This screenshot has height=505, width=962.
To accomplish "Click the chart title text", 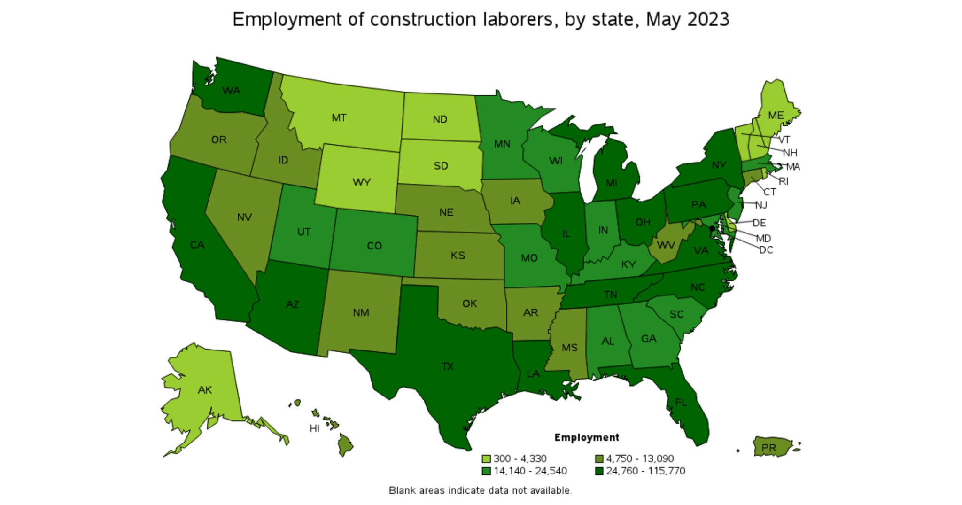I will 481,20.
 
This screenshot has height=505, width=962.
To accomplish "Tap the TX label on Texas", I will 448,366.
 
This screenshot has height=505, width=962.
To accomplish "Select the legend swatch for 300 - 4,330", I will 486,458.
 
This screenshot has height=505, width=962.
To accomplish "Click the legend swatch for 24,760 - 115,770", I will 599,471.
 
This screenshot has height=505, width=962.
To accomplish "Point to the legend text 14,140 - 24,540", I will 530,471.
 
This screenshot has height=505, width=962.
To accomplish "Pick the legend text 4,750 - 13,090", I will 639,458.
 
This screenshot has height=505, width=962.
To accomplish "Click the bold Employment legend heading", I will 587,437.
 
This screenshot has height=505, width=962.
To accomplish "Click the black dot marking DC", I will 712,228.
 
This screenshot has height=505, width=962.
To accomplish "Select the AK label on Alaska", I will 205,390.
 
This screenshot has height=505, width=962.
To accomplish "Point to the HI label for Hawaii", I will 314,428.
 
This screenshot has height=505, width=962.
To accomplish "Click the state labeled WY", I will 361,182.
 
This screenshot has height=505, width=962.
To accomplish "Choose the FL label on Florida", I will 681,402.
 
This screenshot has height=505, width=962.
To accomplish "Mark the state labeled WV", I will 666,245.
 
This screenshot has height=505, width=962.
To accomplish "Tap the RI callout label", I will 784,181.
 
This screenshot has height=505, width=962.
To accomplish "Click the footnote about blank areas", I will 480,490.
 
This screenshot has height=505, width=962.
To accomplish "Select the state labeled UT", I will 304,232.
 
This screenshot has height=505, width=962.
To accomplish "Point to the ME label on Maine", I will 776,115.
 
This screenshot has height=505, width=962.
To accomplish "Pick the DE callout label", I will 759,223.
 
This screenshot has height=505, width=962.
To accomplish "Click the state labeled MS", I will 569,348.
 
